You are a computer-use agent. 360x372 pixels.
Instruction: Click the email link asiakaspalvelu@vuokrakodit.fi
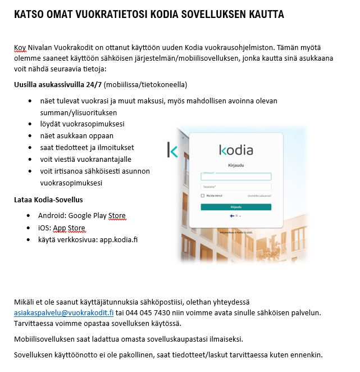[64, 312]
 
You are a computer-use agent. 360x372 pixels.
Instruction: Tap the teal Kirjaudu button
[236, 207]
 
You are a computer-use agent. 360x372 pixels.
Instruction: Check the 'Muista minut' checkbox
[203, 196]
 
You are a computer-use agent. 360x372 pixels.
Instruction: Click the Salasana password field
[236, 186]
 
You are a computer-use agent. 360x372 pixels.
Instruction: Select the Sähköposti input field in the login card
[236, 176]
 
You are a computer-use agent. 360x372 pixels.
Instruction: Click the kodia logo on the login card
[236, 150]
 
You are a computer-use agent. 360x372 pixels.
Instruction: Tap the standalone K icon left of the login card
[172, 151]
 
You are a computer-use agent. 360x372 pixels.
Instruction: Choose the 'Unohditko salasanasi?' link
[259, 196]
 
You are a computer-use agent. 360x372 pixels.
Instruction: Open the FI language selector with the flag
[235, 216]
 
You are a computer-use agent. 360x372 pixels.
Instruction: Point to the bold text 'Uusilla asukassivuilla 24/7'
[58, 84]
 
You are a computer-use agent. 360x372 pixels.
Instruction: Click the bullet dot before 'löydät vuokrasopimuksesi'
[30, 124]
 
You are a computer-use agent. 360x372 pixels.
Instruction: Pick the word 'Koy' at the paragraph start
[20, 48]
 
